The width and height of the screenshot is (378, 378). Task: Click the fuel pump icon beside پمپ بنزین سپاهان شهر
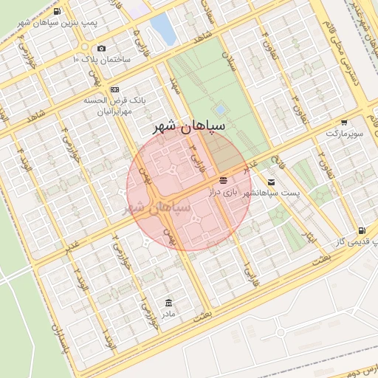pos(58,12)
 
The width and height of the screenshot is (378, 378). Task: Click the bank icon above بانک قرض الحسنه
pos(114,89)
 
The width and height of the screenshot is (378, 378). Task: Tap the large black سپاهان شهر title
pos(188,127)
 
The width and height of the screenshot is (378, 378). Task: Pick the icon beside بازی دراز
pos(223,180)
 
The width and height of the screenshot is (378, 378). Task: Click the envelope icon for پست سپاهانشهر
pos(272,182)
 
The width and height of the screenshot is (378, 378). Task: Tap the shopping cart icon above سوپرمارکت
pos(344,123)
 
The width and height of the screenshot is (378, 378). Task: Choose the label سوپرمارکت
pos(344,134)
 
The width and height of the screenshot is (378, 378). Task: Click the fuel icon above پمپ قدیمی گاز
pos(361,231)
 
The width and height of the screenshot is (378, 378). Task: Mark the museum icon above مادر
pos(169,303)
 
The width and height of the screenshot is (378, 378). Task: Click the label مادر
pos(169,315)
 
